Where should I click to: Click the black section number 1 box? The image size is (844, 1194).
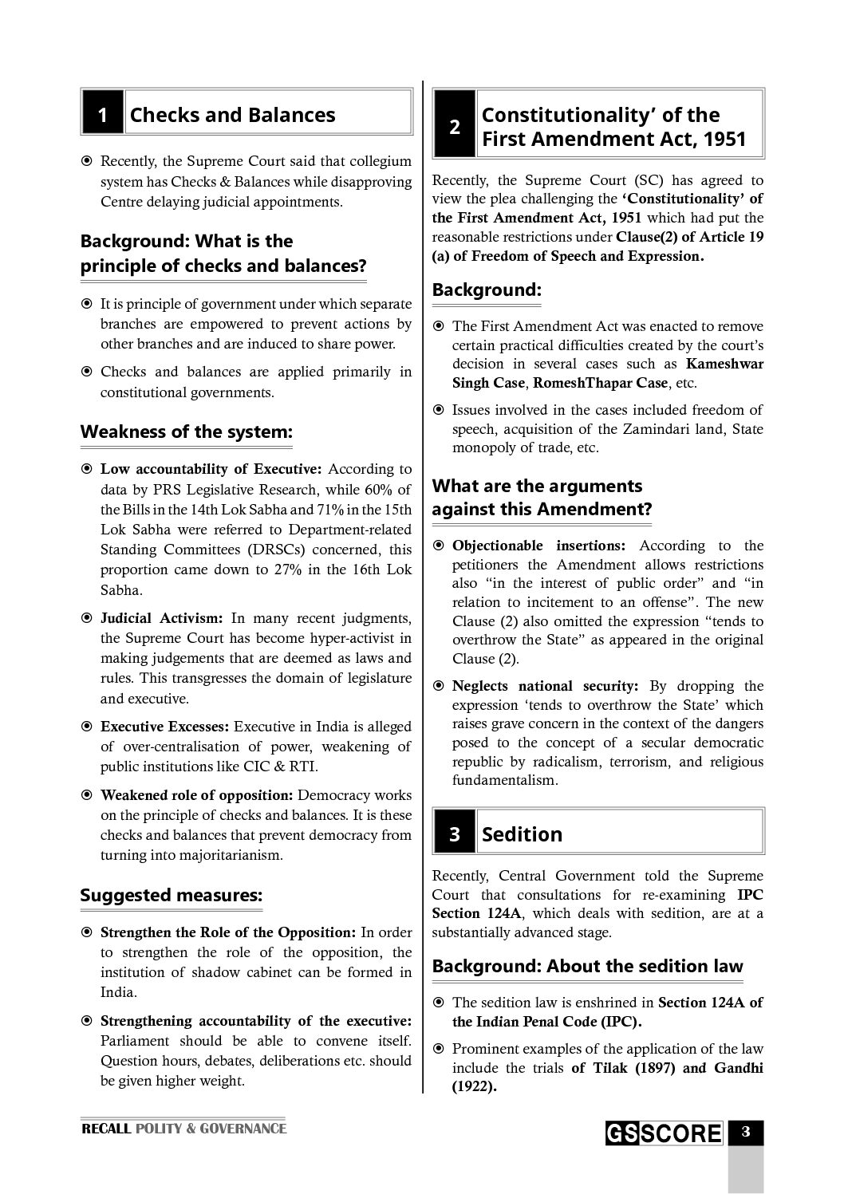pyautogui.click(x=102, y=115)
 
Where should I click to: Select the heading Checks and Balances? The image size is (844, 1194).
pyautogui.click(x=232, y=115)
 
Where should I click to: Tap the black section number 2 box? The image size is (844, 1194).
pyautogui.click(x=454, y=127)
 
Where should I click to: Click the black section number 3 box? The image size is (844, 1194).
pyautogui.click(x=454, y=834)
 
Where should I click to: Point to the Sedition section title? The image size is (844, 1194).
pyautogui.click(x=522, y=834)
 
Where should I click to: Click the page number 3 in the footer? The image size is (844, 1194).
pyautogui.click(x=745, y=1132)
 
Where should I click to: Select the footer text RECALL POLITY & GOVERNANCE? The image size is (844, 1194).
pyautogui.click(x=183, y=1129)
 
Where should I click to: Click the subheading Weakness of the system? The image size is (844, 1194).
pyautogui.click(x=186, y=432)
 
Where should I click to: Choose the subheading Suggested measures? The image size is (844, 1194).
pyautogui.click(x=171, y=896)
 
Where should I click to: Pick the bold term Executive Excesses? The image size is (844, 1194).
pyautogui.click(x=165, y=727)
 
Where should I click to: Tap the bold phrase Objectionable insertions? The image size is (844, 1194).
pyautogui.click(x=539, y=546)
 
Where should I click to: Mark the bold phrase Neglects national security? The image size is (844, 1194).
pyautogui.click(x=545, y=686)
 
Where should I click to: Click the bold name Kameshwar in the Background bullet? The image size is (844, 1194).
pyautogui.click(x=724, y=364)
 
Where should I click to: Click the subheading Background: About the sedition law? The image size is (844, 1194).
pyautogui.click(x=587, y=967)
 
